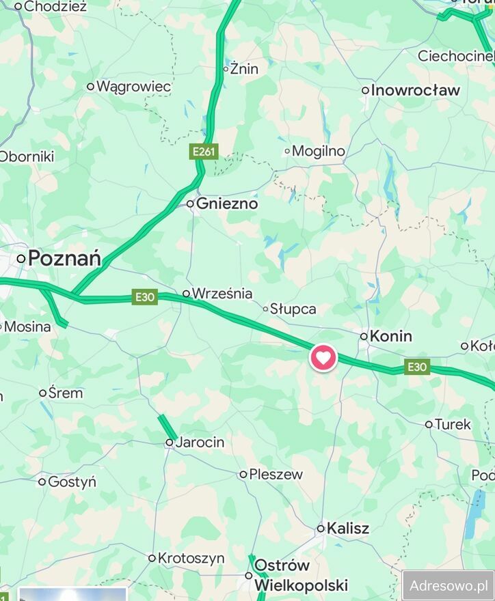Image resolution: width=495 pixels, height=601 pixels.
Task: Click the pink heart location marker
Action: tap(323, 357)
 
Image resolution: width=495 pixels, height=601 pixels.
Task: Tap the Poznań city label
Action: tap(65, 259)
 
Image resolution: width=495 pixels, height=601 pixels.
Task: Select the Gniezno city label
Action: tap(226, 204)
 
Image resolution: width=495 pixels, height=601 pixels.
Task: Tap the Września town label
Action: tap(222, 294)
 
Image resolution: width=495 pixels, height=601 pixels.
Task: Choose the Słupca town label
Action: tap(293, 309)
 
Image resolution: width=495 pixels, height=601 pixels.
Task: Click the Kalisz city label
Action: tap(347, 528)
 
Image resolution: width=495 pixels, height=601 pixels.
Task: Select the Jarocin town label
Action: tap(200, 443)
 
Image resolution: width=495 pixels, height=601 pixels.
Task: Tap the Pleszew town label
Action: tap(276, 474)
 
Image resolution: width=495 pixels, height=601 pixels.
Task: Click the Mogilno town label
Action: tap(318, 151)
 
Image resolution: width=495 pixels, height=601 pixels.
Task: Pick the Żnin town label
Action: tap(244, 68)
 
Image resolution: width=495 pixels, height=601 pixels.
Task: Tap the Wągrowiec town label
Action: tap(133, 87)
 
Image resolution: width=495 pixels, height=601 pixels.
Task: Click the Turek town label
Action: tap(453, 424)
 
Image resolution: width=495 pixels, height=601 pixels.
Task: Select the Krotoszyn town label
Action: tap(191, 558)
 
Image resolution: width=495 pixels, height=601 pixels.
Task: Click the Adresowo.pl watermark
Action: tap(448, 585)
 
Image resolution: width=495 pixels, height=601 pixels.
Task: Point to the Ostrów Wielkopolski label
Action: tap(300, 575)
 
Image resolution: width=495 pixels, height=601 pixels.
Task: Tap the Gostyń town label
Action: tap(72, 481)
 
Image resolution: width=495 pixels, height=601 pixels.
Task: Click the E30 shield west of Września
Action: tap(145, 296)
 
